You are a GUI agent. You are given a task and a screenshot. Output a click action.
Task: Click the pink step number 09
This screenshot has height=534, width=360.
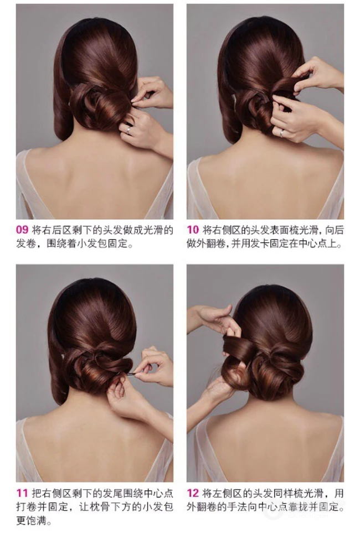tap(22, 230)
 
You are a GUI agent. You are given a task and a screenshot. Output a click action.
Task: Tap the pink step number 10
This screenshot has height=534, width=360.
tap(193, 230)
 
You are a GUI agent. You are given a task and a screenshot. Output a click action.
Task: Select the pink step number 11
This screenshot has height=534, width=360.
tap(22, 493)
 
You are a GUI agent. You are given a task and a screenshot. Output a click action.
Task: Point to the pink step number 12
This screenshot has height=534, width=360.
tap(193, 493)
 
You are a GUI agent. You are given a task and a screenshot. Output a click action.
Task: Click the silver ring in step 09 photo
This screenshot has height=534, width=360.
tap(128, 129)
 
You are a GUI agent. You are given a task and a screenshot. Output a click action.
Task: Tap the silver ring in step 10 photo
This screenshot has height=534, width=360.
tap(282, 133)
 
